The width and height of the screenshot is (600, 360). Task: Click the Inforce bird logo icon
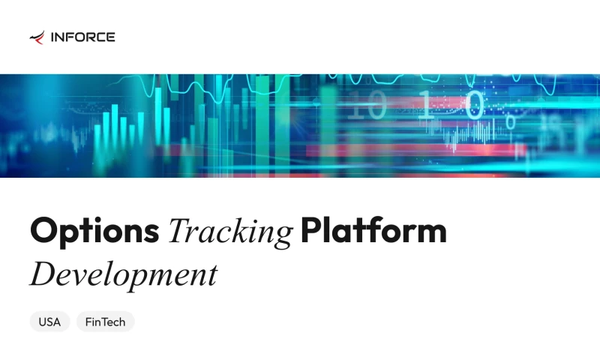[x=37, y=37]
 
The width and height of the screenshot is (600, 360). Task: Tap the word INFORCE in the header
[x=82, y=37]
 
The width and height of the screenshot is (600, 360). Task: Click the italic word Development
[x=124, y=274]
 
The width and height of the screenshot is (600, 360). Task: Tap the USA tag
[x=49, y=322]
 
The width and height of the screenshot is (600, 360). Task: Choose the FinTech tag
[x=105, y=322]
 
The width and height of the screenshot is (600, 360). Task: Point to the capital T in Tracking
[x=180, y=230]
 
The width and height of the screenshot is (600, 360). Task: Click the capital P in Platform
[x=311, y=230]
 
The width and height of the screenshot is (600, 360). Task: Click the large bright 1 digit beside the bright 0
[x=425, y=106]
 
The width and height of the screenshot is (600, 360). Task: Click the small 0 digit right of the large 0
[x=511, y=120]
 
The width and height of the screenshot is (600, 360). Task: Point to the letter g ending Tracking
[x=283, y=237]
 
